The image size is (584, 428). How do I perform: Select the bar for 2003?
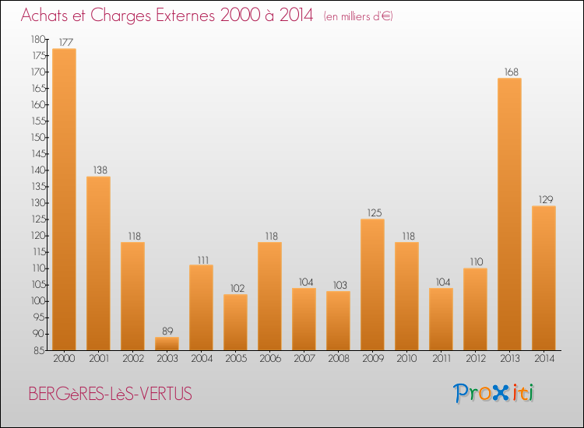click(x=167, y=343)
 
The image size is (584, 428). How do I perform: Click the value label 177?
click(x=64, y=42)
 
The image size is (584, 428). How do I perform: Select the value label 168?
click(x=509, y=72)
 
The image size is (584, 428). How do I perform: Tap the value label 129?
click(x=544, y=199)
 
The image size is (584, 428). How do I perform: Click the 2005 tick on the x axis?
click(x=235, y=359)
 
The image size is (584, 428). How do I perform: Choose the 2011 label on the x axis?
click(x=441, y=359)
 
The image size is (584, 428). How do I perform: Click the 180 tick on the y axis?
click(x=37, y=39)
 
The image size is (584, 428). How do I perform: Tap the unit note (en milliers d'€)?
click(x=359, y=16)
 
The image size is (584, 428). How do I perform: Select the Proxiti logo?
click(x=494, y=393)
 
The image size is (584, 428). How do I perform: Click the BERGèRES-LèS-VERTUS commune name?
click(x=110, y=395)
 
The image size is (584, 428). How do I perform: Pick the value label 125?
click(x=372, y=212)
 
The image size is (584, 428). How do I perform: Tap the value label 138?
click(x=98, y=170)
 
